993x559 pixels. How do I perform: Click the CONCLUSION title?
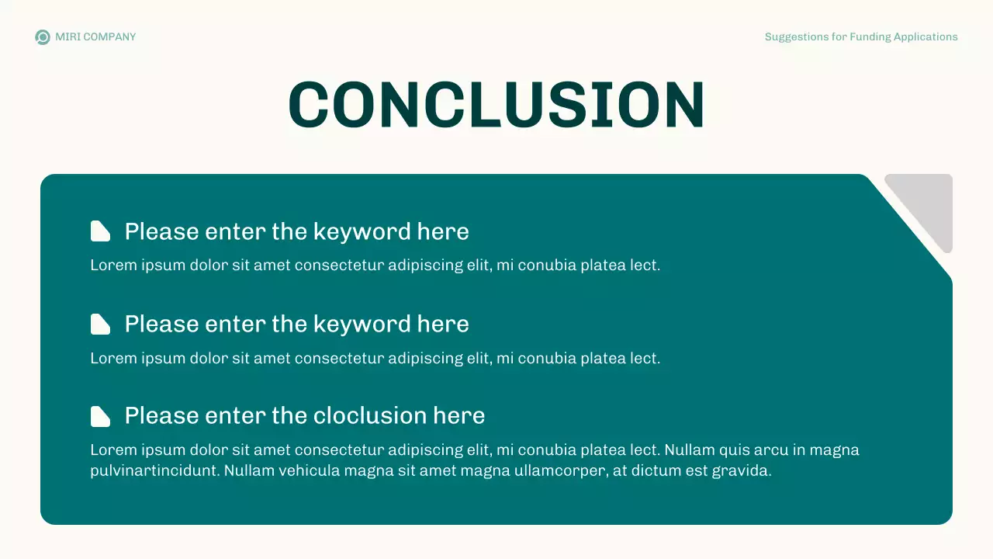point(496,105)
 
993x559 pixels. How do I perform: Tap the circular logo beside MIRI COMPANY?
point(43,37)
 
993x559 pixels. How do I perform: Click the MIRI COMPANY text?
point(95,37)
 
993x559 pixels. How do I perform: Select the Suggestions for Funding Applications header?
point(861,37)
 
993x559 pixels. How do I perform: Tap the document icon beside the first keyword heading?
point(100,231)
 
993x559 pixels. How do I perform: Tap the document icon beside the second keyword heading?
point(100,324)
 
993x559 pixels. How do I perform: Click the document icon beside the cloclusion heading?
point(100,416)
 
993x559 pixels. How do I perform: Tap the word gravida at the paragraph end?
point(744,470)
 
